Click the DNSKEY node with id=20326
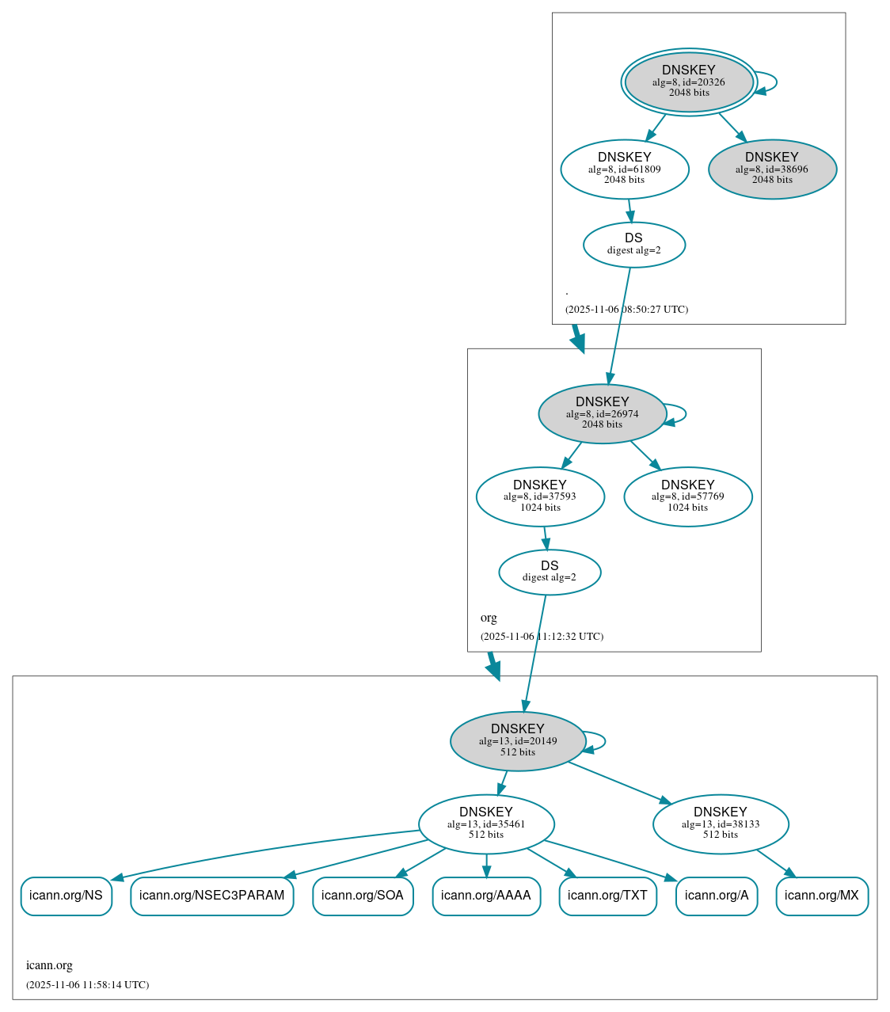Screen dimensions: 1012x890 [x=689, y=82]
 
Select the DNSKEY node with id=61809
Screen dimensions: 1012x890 [x=625, y=169]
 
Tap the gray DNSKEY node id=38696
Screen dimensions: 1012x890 [x=772, y=169]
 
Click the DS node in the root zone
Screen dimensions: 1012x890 [x=633, y=244]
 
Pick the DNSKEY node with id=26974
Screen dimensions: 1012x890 [x=602, y=413]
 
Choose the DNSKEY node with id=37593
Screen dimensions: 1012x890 [x=540, y=496]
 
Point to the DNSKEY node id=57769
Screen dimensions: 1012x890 [x=687, y=496]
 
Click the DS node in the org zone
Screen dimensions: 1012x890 [x=550, y=572]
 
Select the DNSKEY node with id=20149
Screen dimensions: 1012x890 [x=517, y=741]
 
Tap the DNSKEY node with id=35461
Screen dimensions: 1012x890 [x=486, y=824]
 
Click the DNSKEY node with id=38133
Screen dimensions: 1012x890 [x=720, y=824]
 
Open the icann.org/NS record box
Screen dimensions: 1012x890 [x=66, y=896]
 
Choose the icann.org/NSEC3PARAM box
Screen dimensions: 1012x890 [x=211, y=896]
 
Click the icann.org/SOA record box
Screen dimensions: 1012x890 [x=363, y=896]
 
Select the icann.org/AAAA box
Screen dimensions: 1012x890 [x=486, y=896]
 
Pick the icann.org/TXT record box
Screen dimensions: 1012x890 [x=607, y=896]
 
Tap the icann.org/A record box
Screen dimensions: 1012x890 [x=717, y=896]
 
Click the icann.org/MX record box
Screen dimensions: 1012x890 [x=822, y=896]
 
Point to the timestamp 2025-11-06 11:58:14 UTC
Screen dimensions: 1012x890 [x=87, y=985]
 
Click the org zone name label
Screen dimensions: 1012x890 [x=489, y=618]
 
